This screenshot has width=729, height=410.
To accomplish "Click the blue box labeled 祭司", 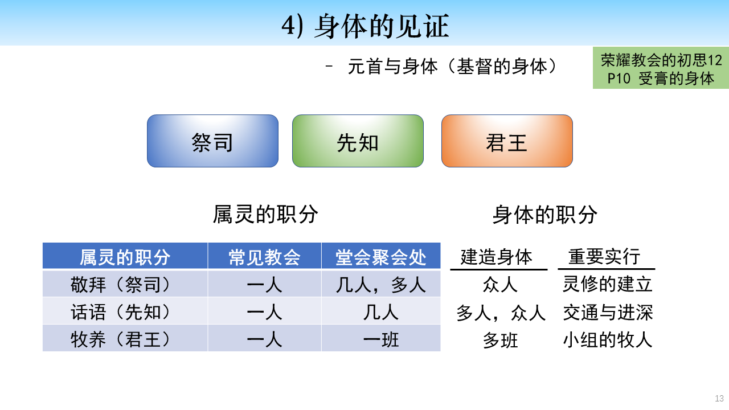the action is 212,141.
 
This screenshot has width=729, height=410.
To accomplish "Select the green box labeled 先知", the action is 358,141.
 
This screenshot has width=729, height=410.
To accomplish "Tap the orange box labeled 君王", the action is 507,141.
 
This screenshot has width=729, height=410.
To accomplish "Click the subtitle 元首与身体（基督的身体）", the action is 452,67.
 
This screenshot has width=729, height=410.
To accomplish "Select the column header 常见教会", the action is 264,257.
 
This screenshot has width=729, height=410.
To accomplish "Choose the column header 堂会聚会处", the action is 381,257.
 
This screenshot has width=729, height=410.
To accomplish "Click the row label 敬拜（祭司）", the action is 120,285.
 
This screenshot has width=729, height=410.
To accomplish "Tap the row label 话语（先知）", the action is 120,312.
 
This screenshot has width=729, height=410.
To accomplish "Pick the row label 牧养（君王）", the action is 120,339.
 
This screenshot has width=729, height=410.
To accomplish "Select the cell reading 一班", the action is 381,340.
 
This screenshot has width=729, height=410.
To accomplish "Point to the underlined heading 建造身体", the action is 497,257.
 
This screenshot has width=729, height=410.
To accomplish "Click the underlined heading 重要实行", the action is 604,257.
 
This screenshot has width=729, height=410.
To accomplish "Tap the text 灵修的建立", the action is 608,284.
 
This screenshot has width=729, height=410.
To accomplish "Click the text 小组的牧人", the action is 608,340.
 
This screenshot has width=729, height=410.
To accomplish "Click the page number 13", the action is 719,398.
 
